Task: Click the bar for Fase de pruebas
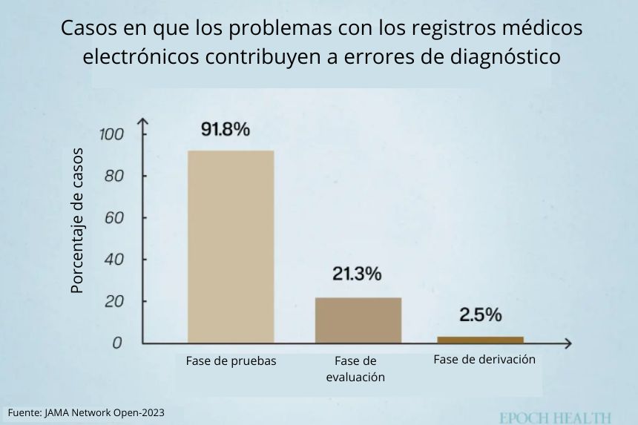point(230,246)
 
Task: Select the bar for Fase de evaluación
point(358,320)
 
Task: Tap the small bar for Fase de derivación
point(480,340)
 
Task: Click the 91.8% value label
point(226,129)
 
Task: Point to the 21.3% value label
point(357,274)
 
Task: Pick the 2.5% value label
point(480,315)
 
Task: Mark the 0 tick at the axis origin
point(116,343)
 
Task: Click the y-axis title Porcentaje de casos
point(78,221)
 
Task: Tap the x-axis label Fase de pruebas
point(231,362)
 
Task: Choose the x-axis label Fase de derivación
point(484,360)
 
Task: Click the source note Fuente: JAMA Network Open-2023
point(86,412)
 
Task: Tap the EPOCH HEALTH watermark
point(555,418)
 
